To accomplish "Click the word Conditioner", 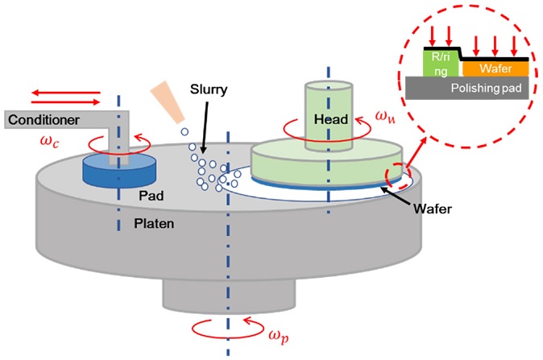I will click(44, 120).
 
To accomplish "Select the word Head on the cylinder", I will click(330, 119).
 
